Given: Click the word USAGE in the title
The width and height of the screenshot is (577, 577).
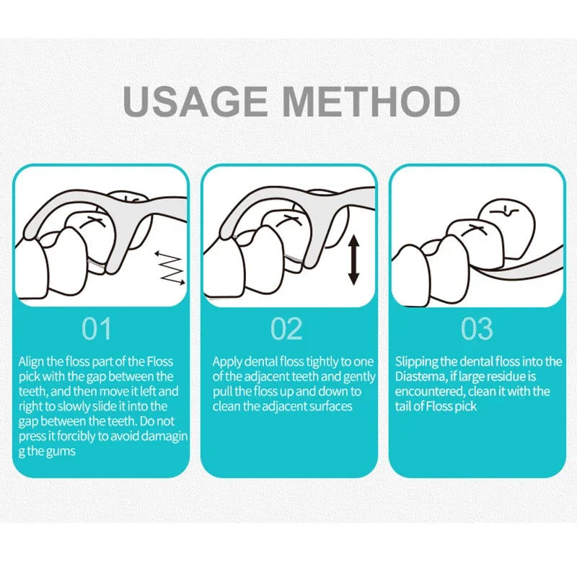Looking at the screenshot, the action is click(x=195, y=101).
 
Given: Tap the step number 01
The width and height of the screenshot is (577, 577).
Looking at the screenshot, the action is click(x=97, y=329).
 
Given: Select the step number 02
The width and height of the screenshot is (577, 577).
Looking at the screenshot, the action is click(x=286, y=329).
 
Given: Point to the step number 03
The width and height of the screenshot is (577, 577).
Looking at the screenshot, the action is click(x=477, y=329).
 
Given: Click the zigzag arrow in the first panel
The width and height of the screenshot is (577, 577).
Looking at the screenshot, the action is click(x=170, y=268).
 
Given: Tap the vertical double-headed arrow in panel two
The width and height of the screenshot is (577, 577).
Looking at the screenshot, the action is click(x=353, y=260).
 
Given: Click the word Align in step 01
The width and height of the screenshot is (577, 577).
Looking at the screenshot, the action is click(x=32, y=362).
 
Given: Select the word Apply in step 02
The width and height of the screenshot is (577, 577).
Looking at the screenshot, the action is click(x=227, y=362).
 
